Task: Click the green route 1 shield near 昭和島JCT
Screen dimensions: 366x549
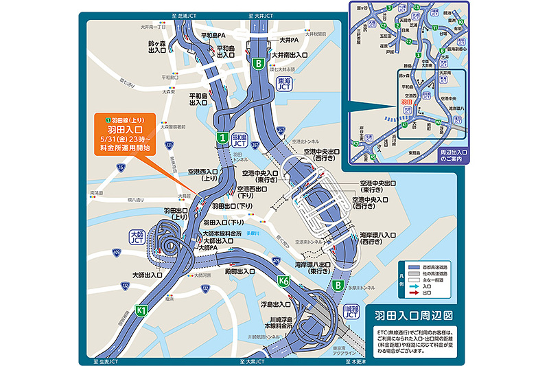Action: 223,138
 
